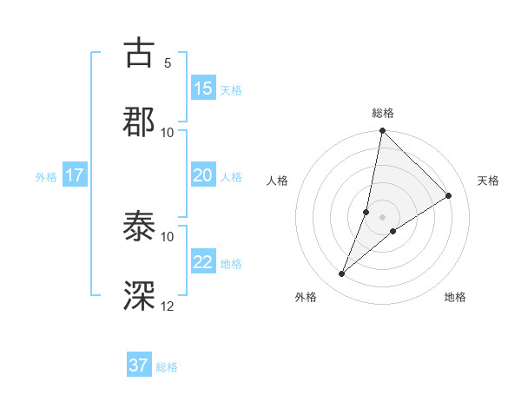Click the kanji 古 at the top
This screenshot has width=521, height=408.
tap(140, 53)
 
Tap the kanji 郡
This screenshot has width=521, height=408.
tap(140, 121)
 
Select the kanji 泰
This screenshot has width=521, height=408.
tap(140, 227)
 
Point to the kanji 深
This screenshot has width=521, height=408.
tap(140, 295)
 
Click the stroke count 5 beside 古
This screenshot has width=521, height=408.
tap(168, 63)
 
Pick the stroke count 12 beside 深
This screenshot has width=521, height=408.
tap(168, 305)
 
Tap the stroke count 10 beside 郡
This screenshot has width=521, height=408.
tap(168, 132)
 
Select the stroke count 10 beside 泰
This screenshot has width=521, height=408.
tap(168, 236)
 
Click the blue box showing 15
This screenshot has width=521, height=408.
tap(203, 89)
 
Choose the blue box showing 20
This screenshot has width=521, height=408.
tap(203, 175)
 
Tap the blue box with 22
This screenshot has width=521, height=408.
tap(203, 262)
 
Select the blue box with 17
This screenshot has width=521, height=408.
tap(75, 175)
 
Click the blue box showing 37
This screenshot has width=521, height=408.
tap(139, 365)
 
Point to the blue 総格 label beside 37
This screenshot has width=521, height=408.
tap(167, 367)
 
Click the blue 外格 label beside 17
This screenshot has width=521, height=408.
tap(46, 177)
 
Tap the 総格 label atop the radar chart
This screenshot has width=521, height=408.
tap(383, 113)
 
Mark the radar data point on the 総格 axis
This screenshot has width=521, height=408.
tap(382, 132)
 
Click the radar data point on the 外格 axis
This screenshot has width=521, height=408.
tap(342, 274)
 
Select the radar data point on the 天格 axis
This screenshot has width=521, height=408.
tap(449, 196)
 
